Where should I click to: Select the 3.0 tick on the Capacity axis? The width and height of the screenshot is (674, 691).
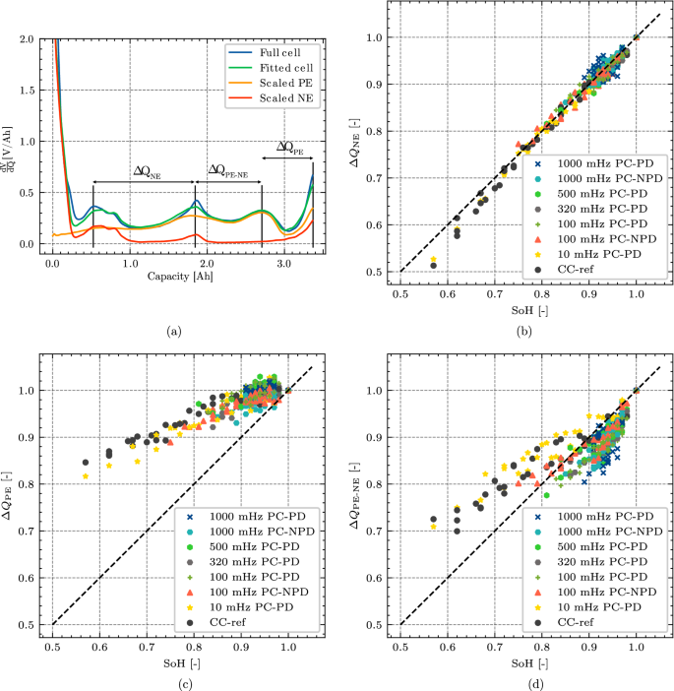point(283,265)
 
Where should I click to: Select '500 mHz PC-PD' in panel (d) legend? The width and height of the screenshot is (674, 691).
point(600,546)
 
